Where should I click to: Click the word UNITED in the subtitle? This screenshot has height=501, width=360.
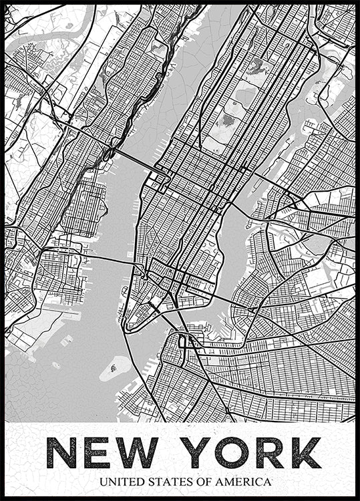tap(123, 481)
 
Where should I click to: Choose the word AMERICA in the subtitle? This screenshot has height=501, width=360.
tap(243, 481)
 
